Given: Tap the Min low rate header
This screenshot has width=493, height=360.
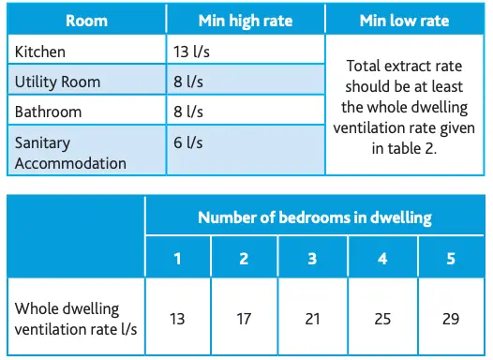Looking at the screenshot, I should (x=405, y=20).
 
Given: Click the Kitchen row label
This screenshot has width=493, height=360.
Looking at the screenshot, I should (x=40, y=52).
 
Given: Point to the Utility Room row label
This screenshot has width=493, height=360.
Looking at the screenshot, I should (x=56, y=82).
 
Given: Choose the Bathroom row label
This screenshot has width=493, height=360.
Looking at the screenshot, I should (x=48, y=112).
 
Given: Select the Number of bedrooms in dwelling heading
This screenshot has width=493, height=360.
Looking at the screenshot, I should (x=314, y=217).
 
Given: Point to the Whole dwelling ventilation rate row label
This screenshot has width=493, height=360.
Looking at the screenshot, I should (x=74, y=319).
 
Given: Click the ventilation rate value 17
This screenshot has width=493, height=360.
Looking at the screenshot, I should (x=245, y=319).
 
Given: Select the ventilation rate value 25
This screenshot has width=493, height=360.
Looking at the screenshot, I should (x=382, y=319).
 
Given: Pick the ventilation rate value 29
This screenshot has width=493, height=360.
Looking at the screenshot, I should (x=451, y=319).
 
